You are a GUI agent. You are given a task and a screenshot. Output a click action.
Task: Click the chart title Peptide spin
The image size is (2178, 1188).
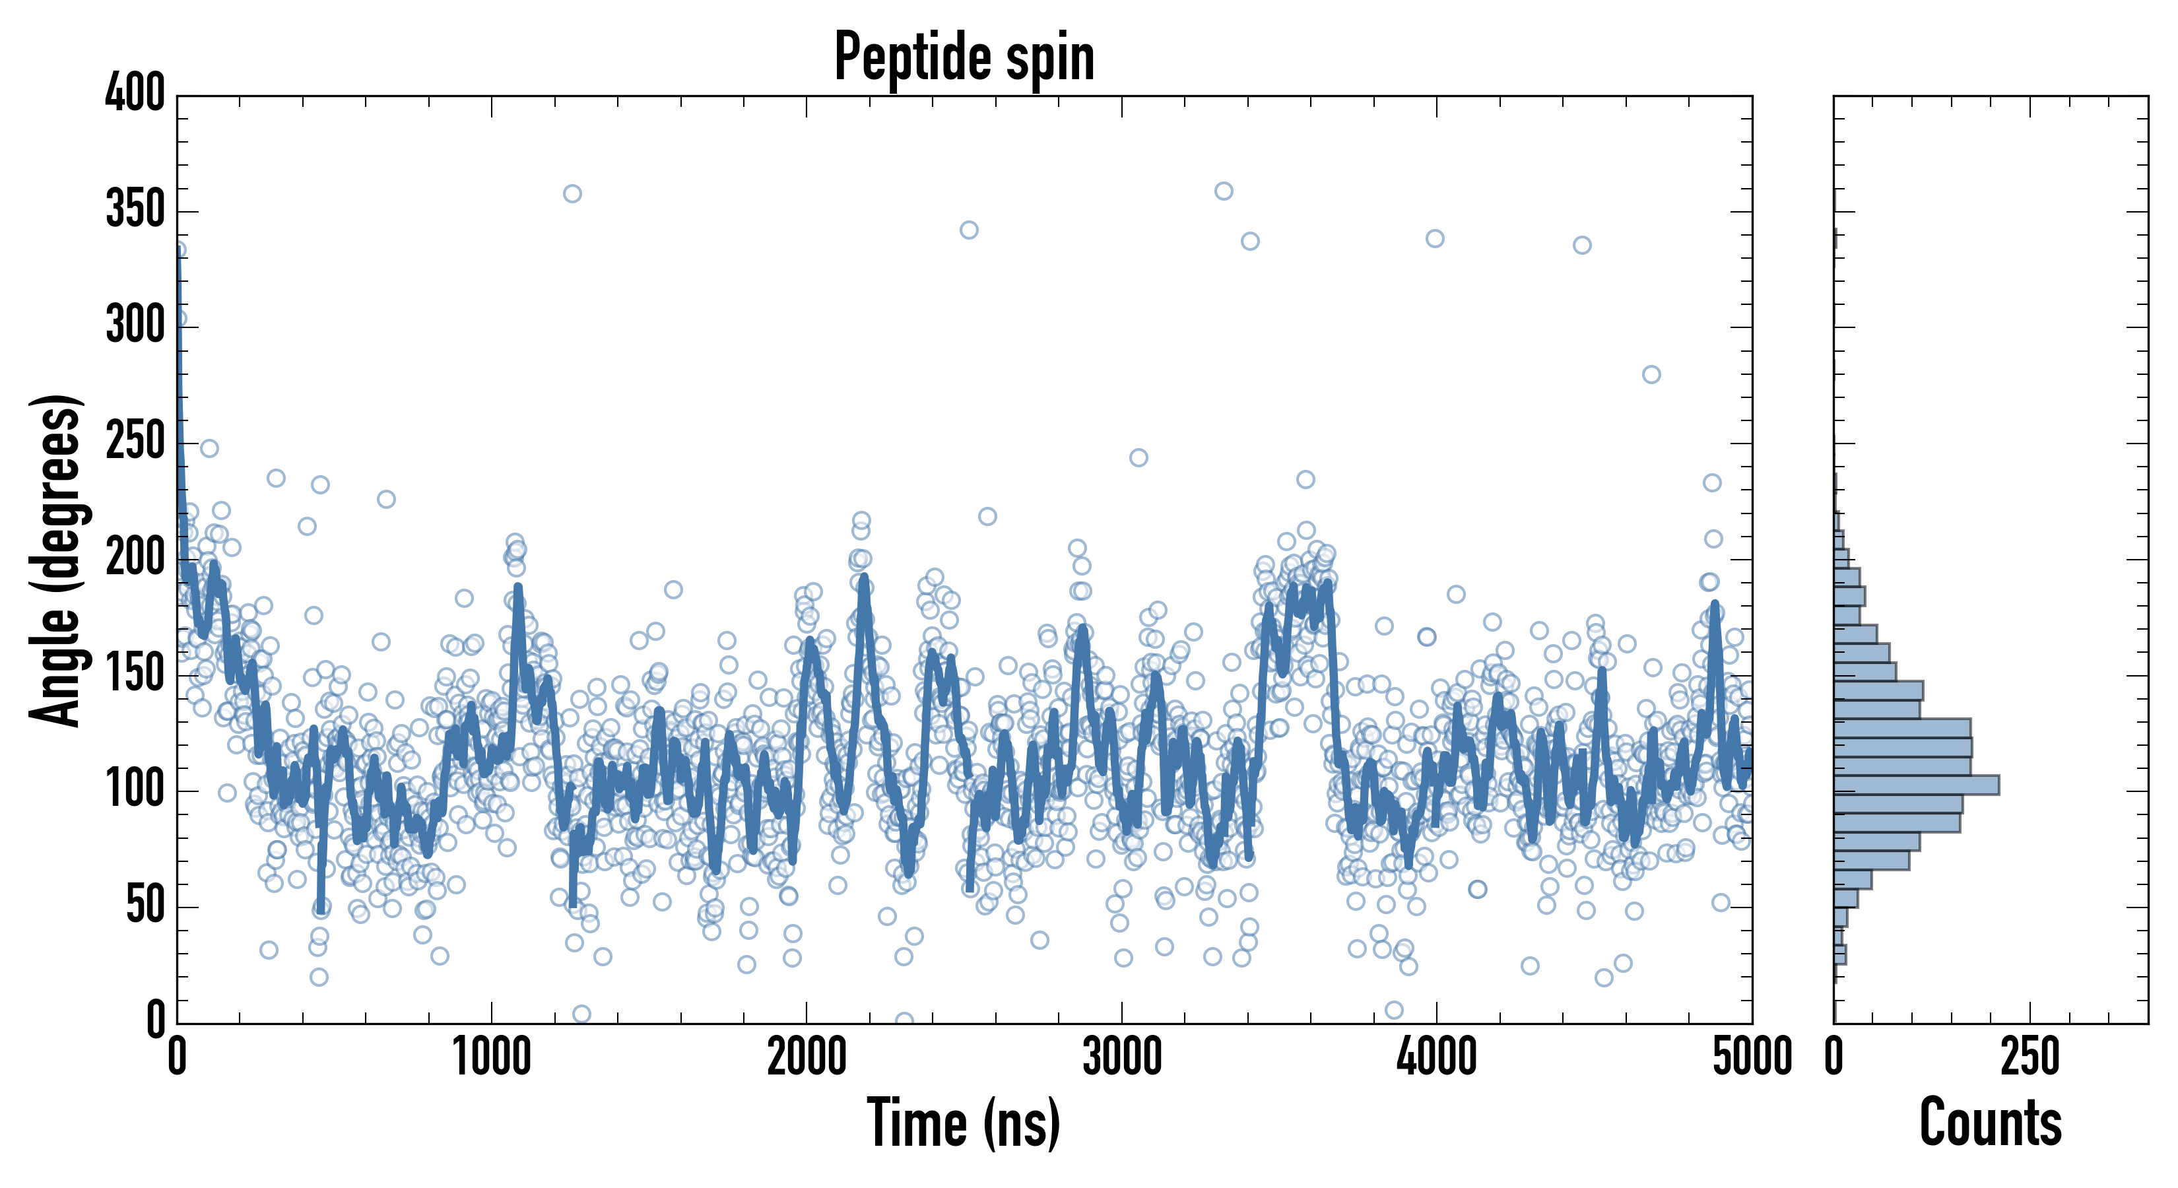coord(964,57)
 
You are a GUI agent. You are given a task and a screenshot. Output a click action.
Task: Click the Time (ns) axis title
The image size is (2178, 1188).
coord(964,1123)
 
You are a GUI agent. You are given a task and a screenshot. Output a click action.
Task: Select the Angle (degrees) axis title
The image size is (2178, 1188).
coord(56,560)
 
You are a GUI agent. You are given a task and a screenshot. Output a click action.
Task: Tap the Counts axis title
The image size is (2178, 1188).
coord(1991,1123)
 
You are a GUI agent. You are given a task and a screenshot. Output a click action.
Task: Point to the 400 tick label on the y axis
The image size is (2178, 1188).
coord(135,93)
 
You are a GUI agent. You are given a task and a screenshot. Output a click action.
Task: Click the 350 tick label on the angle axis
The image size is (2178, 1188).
coord(135,210)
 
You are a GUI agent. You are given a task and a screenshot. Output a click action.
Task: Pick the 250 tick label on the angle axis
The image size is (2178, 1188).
coord(135,442)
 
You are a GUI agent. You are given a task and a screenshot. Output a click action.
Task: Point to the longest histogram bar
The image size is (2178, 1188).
coord(1916,785)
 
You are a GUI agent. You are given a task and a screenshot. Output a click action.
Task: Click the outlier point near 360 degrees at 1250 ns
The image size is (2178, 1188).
coord(572,193)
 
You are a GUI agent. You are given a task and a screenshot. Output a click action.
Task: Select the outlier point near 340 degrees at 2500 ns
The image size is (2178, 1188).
coord(969,230)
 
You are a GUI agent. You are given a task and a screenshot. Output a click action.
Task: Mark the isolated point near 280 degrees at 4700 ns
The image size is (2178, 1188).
coord(1651,375)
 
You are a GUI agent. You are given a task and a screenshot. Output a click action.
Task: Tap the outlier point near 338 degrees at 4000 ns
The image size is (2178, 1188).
coord(1435,238)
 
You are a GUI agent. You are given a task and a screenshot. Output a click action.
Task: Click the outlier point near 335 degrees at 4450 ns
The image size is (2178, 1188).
coord(1582,246)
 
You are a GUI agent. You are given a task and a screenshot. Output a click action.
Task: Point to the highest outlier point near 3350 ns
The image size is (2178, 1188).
coord(1224,191)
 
